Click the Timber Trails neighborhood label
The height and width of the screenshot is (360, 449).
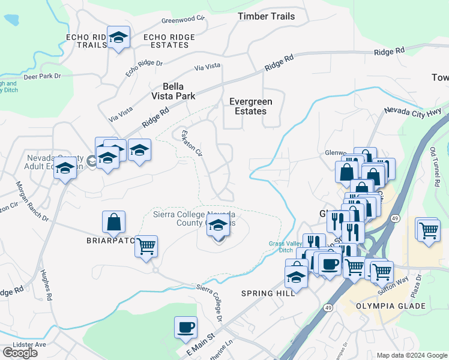266,16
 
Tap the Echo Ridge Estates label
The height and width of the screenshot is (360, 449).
169,41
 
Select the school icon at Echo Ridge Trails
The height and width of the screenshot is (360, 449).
119,38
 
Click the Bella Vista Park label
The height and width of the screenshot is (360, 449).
173,91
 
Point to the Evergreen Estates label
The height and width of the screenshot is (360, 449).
251,106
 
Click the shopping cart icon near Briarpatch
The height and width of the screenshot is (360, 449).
146,246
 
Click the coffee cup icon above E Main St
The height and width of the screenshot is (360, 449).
185,328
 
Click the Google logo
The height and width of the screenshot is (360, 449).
19,353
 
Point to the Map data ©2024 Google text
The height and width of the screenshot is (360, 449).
411,355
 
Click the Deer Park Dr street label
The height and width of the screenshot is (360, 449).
42,76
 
